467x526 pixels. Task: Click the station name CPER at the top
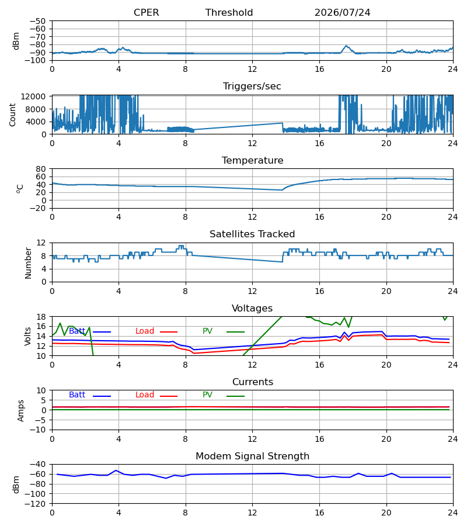coord(146,13)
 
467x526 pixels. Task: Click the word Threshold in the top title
coord(229,13)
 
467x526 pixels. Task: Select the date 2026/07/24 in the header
coord(343,13)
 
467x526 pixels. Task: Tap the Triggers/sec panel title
coord(252,86)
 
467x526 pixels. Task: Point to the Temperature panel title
coord(252,160)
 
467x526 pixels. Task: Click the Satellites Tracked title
coord(252,234)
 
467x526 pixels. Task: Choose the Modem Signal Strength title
coord(252,456)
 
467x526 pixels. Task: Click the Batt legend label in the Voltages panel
coord(77,331)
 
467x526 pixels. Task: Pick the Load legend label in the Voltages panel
coord(145,331)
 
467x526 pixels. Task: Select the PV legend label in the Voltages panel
coord(207,331)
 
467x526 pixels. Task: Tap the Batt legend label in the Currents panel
coord(77,395)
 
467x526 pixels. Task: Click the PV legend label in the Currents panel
coord(207,395)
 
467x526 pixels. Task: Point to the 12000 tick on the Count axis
coord(33,96)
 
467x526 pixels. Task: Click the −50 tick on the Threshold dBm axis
coord(38,21)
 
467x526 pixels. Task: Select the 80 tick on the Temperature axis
coord(41,169)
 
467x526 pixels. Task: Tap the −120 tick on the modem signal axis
coord(36,504)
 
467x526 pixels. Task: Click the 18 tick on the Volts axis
coord(41,317)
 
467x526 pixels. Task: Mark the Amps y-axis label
coord(20,411)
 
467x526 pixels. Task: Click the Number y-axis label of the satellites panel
coord(28,264)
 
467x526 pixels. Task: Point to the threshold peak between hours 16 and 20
coord(346,46)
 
